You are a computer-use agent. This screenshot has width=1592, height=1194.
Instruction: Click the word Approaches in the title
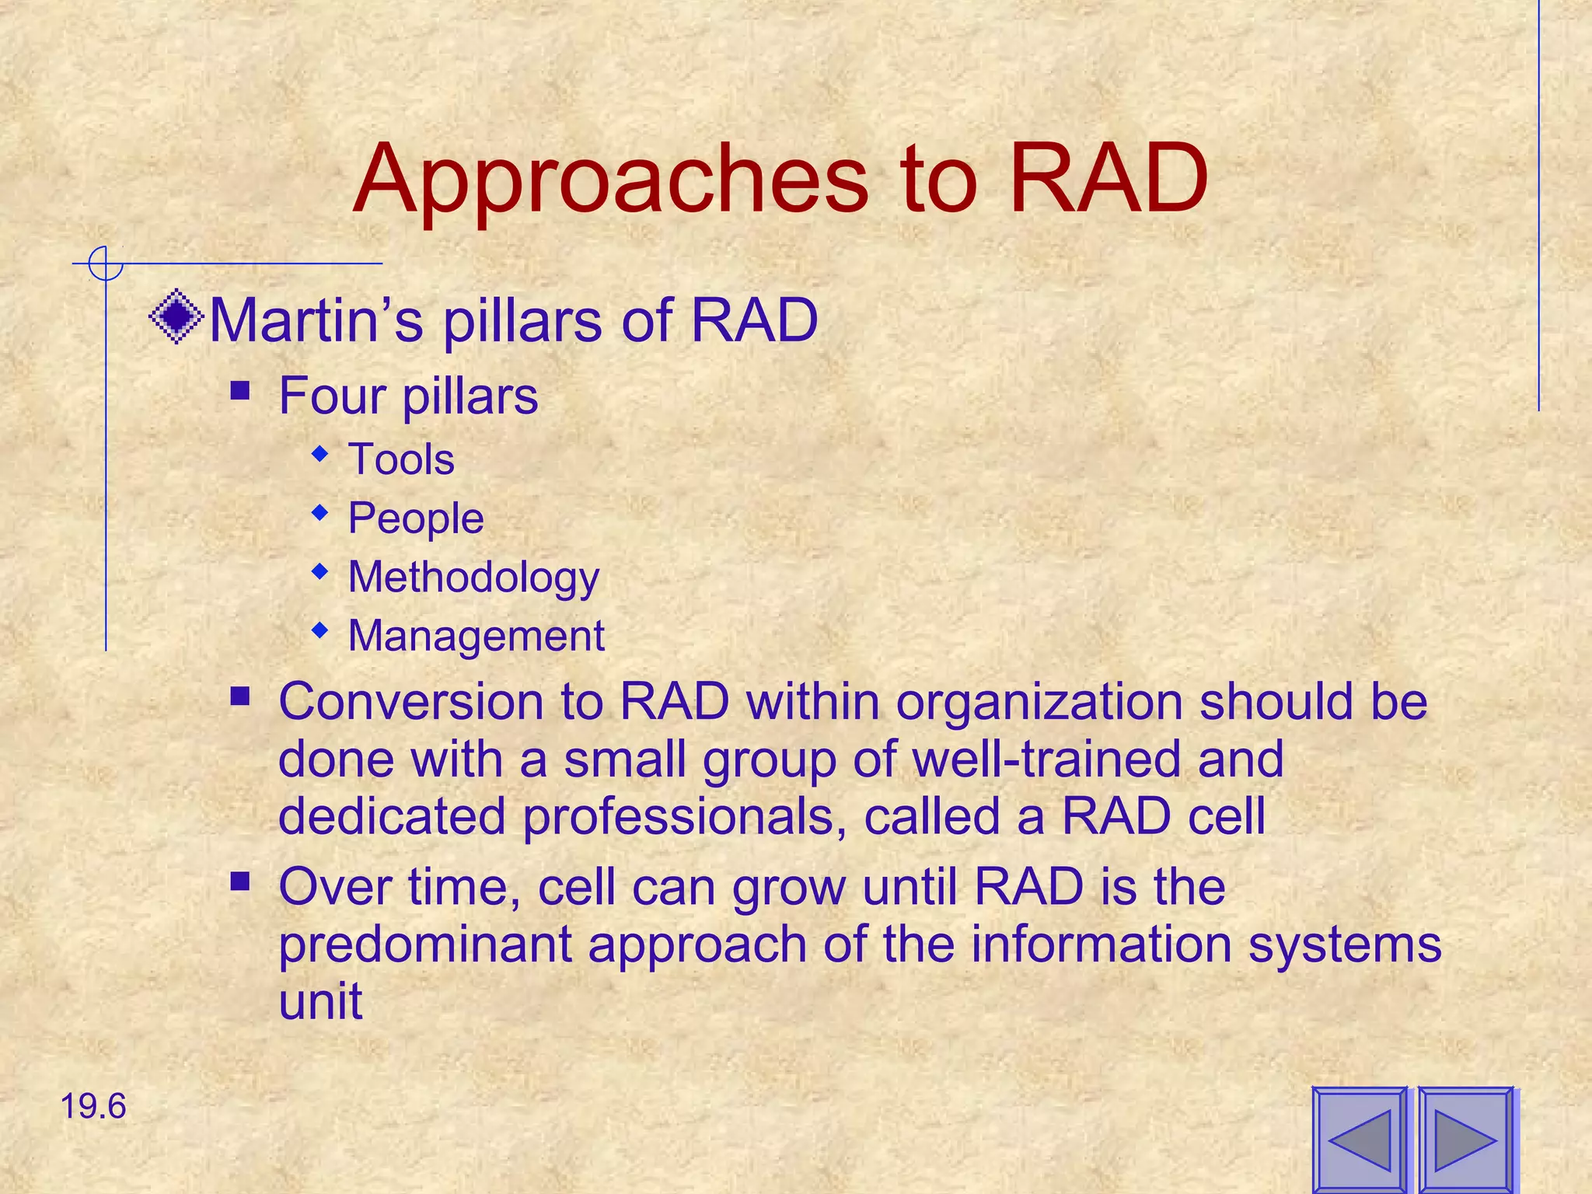click(x=610, y=180)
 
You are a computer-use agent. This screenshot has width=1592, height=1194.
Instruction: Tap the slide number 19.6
click(x=93, y=1106)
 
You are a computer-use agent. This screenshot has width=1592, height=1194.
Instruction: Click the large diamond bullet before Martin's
click(x=176, y=316)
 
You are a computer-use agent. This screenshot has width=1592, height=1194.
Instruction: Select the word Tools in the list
click(x=401, y=459)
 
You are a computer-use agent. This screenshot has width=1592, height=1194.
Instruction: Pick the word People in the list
click(x=416, y=518)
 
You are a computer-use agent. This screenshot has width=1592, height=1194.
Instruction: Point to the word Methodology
click(x=473, y=578)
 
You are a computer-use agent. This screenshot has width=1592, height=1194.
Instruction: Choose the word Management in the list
click(x=476, y=636)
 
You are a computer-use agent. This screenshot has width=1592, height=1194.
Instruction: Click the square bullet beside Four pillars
click(x=240, y=389)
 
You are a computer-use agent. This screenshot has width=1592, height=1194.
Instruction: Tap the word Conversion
click(x=410, y=701)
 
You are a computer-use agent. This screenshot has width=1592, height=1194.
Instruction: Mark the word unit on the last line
click(x=320, y=1001)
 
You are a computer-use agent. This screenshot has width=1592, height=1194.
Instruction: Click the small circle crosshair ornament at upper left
click(x=105, y=264)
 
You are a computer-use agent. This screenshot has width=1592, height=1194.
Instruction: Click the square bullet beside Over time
click(x=240, y=882)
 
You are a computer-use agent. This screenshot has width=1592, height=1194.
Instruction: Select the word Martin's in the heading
click(x=316, y=319)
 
